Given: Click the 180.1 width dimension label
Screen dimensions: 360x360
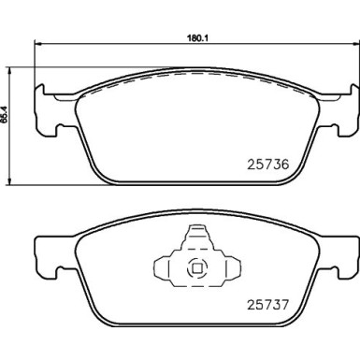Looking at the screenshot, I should pyautogui.click(x=194, y=38).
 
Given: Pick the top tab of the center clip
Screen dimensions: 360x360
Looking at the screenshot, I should pyautogui.click(x=195, y=238).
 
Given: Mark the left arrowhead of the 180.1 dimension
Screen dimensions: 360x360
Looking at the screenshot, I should pyautogui.click(x=36, y=45).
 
